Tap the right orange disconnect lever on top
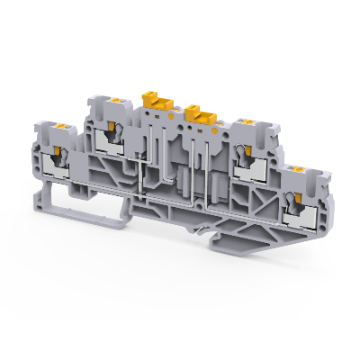pyautogui.click(x=199, y=113)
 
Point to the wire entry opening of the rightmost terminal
pyautogui.click(x=292, y=202)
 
